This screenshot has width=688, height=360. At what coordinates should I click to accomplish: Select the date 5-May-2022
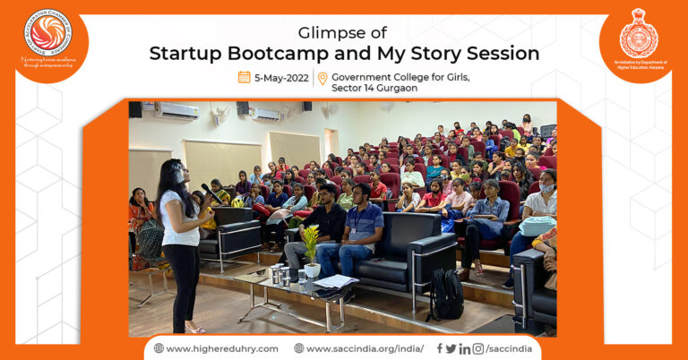280,78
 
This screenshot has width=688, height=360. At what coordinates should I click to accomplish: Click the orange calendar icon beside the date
244,78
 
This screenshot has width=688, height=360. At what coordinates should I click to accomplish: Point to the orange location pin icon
322,79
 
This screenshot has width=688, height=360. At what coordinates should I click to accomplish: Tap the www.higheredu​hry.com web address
221,348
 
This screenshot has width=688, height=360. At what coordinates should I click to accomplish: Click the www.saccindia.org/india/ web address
365,348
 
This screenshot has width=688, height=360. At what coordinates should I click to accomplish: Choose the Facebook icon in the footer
440,348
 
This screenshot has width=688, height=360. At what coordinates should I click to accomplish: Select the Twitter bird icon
451,348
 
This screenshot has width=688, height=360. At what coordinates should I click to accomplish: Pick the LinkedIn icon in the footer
465,348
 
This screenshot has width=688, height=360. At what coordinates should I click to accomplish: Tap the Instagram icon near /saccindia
478,348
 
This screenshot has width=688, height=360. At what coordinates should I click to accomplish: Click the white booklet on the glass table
336,281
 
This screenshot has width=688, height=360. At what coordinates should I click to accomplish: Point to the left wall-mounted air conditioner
176,111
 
